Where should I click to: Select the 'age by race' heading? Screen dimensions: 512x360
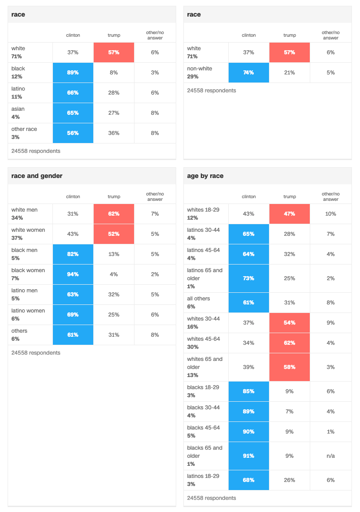pos(205,176)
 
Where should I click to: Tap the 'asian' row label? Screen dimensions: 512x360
pos(18,109)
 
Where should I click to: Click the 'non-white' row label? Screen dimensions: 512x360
pos(200,69)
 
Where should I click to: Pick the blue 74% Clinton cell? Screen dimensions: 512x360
pos(248,73)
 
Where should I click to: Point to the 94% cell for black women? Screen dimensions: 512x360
pos(73,274)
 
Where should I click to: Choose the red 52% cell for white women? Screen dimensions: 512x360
pos(114,234)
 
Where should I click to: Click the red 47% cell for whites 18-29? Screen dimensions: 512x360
pos(290,214)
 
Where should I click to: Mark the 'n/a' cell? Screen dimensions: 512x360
pos(330,456)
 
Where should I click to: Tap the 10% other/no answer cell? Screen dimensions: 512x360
pos(330,214)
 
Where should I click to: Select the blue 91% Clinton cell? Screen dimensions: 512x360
pos(248,456)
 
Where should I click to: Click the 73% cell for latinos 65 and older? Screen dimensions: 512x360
pos(248,278)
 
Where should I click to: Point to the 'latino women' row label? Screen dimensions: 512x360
pos(28,311)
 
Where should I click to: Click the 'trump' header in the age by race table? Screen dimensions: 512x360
pos(290,196)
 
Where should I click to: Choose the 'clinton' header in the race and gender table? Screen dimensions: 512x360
pos(73,196)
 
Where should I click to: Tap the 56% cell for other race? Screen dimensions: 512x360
pos(73,133)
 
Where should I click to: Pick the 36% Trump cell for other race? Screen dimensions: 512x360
pos(114,133)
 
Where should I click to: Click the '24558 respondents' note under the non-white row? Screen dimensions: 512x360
pos(211,91)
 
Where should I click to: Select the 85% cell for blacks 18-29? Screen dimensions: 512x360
pos(248,391)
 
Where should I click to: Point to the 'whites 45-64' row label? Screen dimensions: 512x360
pos(204,339)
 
